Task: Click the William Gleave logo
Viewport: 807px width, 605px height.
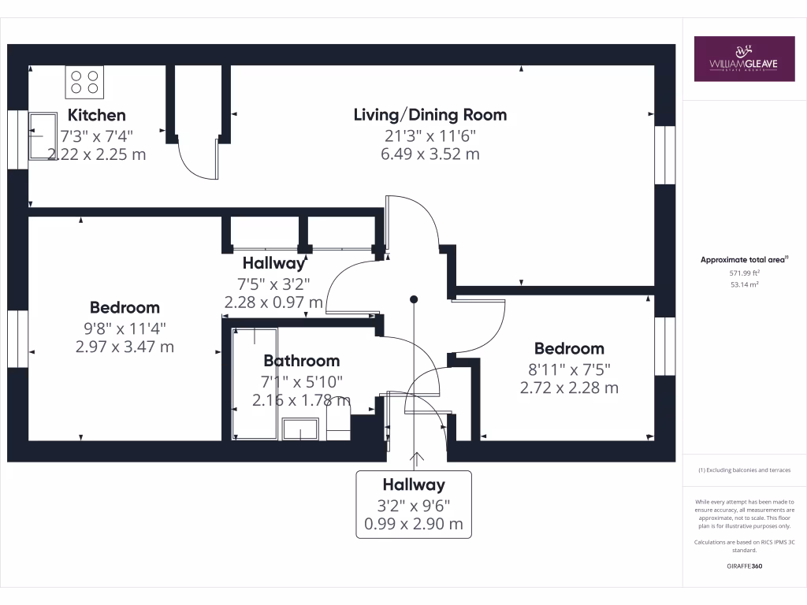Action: click(x=744, y=58)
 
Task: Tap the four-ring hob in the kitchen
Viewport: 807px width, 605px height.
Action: click(x=84, y=82)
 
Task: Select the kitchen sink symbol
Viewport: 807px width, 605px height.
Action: click(x=43, y=136)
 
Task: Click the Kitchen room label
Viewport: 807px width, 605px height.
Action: click(x=97, y=115)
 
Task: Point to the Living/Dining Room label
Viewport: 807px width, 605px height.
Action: click(x=430, y=115)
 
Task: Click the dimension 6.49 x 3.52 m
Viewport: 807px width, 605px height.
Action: click(x=430, y=154)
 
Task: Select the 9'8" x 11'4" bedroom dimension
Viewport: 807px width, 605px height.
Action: click(x=125, y=328)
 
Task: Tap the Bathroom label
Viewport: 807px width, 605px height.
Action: click(x=302, y=361)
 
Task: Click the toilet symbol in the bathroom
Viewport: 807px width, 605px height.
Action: click(x=339, y=419)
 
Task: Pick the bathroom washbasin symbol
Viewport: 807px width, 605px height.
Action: click(x=300, y=429)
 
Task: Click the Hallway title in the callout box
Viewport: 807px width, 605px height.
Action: click(x=414, y=484)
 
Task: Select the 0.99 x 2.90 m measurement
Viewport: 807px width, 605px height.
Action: click(x=414, y=524)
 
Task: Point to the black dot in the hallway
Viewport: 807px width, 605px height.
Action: click(x=414, y=299)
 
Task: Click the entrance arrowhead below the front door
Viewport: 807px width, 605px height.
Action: click(x=416, y=457)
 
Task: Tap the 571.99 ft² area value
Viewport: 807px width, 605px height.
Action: click(x=744, y=273)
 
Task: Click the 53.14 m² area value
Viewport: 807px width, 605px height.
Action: click(x=744, y=284)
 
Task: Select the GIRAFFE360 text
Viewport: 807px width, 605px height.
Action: click(x=744, y=566)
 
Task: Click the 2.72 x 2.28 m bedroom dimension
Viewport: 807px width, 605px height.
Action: click(x=569, y=388)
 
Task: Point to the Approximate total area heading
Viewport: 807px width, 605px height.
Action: click(x=744, y=260)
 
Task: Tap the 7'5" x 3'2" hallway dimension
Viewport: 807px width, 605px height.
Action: click(x=273, y=284)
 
